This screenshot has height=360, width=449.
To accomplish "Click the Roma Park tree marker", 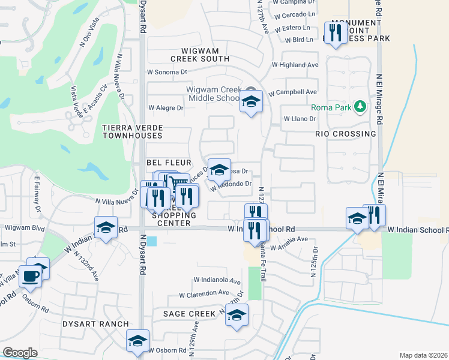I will (360, 107).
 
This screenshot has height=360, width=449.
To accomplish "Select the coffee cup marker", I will (30, 276).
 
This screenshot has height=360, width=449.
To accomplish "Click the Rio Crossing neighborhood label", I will (345, 134).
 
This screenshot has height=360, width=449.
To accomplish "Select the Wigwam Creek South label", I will (200, 55).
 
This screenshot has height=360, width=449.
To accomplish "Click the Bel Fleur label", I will (169, 163).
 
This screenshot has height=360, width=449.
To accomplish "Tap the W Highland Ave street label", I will (295, 65).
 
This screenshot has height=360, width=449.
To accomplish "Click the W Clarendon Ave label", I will (205, 295).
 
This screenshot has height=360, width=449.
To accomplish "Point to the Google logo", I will (20, 353).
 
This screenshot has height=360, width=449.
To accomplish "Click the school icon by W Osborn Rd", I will (137, 340).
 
